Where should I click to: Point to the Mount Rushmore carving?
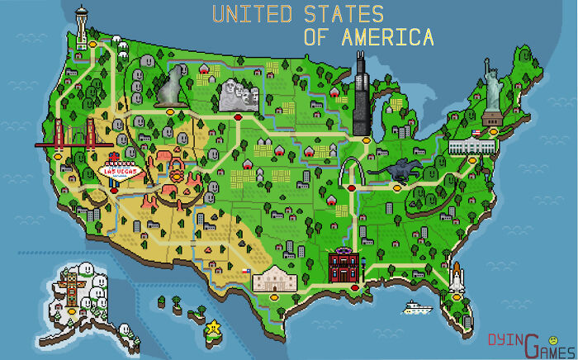[238, 96]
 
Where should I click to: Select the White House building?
[471, 146]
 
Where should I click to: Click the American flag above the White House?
[476, 132]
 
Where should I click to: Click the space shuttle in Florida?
[455, 277]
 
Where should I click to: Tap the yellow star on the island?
[215, 326]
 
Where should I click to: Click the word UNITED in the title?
[252, 15]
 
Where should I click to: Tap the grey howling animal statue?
[170, 85]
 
